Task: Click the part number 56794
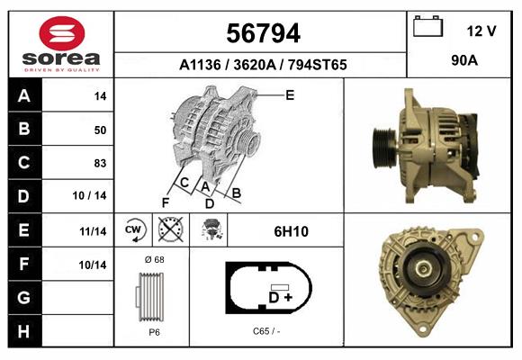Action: tap(263, 33)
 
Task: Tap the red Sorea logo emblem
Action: tap(62, 33)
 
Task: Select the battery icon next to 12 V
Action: tap(427, 26)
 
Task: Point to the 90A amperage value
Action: tap(464, 60)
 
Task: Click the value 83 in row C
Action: tap(100, 163)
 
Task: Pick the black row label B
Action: tap(25, 129)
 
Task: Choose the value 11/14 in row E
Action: tap(93, 231)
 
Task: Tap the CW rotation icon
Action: tap(134, 229)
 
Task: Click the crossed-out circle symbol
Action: tap(170, 229)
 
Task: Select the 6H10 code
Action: tap(291, 231)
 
